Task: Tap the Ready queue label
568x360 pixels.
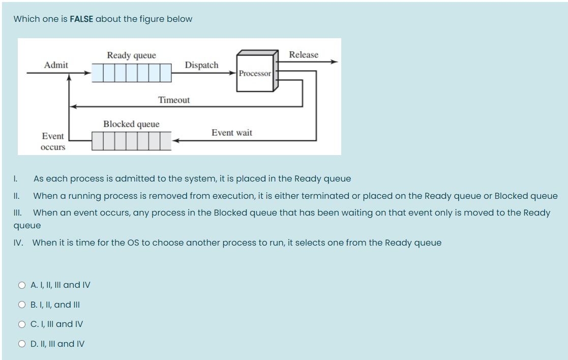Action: click(x=131, y=55)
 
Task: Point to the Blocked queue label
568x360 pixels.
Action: click(x=131, y=124)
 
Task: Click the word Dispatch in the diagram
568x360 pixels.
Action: click(x=201, y=65)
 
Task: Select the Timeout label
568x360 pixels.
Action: click(x=174, y=100)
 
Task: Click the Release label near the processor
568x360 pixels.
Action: click(x=304, y=55)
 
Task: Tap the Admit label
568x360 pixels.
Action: click(x=56, y=65)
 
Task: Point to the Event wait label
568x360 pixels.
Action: click(x=232, y=133)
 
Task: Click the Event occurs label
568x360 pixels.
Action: click(x=53, y=141)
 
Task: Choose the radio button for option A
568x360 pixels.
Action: click(x=22, y=285)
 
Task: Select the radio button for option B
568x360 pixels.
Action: click(x=22, y=305)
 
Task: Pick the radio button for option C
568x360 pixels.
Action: click(x=22, y=324)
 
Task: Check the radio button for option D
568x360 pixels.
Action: click(x=22, y=344)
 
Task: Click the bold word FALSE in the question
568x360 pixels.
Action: click(x=81, y=19)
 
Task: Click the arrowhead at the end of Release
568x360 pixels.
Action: click(x=334, y=62)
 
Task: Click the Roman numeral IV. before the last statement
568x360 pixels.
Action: click(x=18, y=243)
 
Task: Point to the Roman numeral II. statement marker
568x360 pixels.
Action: click(x=16, y=196)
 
